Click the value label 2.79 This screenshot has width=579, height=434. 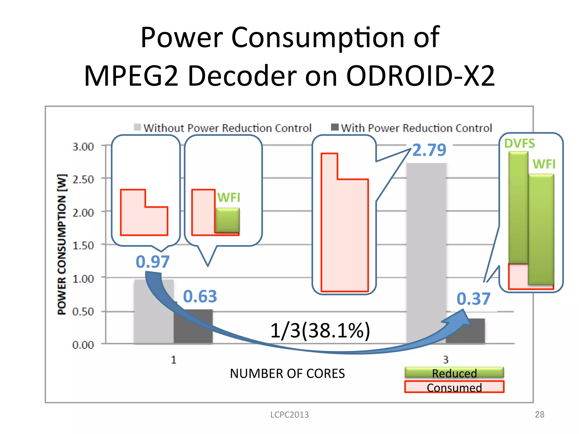(x=429, y=150)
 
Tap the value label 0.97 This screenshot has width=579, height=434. (x=153, y=262)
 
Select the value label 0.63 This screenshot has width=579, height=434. (x=200, y=296)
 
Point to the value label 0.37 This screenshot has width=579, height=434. (x=474, y=299)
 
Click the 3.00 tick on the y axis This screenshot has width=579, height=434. (x=83, y=147)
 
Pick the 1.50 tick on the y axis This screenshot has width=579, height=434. (x=83, y=246)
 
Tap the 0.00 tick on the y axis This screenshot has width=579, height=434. (x=83, y=345)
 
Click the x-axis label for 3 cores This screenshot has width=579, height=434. (x=446, y=360)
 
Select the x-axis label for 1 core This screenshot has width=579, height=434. (x=174, y=360)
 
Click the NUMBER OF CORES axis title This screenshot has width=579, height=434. (x=287, y=374)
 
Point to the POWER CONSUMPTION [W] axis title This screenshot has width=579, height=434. (x=62, y=245)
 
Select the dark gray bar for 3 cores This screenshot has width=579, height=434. (x=465, y=331)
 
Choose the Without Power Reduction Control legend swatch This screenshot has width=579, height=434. (x=138, y=127)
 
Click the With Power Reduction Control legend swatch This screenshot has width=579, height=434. (x=335, y=127)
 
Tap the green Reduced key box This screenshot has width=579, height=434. (x=454, y=373)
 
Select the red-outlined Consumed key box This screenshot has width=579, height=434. (x=454, y=387)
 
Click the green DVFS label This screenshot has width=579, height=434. (x=520, y=144)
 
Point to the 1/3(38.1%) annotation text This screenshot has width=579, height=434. (x=320, y=330)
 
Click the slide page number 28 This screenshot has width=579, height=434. (x=539, y=415)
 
